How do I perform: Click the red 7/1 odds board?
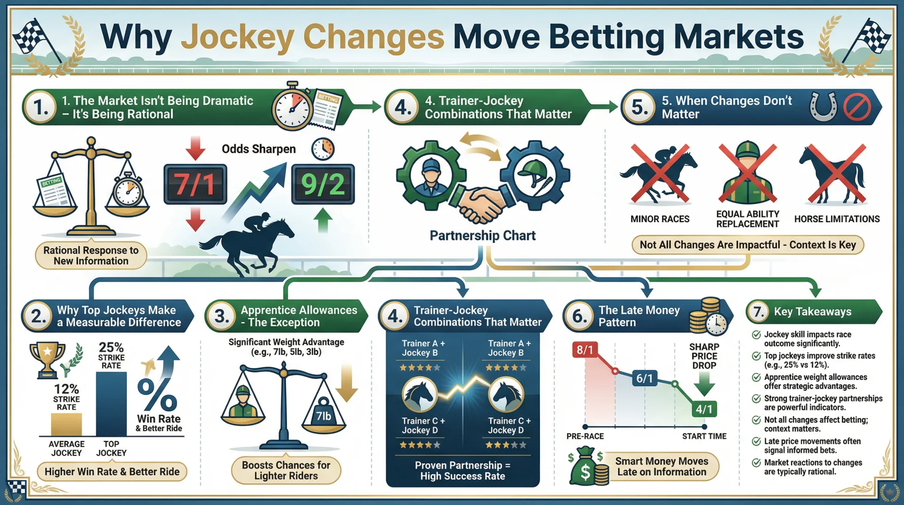click(195, 184)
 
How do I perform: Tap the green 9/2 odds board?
click(323, 184)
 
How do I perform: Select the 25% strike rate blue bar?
click(111, 404)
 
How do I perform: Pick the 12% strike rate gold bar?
click(66, 424)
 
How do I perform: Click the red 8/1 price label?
click(585, 350)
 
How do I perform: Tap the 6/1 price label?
click(645, 378)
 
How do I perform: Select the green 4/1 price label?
click(704, 409)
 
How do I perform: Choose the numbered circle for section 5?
click(639, 107)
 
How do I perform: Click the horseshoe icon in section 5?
click(823, 106)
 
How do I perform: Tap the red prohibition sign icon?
click(857, 107)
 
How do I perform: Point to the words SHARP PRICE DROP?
click(704, 356)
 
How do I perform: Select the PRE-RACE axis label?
click(585, 436)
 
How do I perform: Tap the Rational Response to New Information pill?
click(91, 256)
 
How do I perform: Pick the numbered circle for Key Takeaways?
click(759, 311)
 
